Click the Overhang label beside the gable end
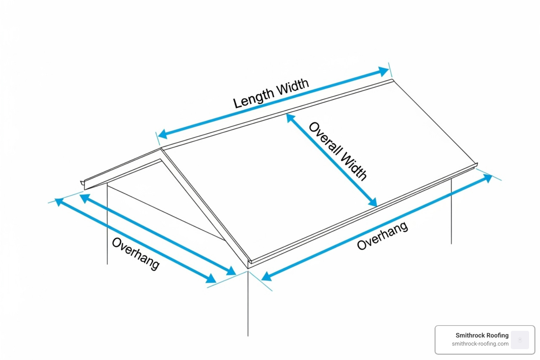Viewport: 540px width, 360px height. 136,253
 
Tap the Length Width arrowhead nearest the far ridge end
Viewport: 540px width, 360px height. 383,72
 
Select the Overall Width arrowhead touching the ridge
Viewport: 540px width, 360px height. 291,118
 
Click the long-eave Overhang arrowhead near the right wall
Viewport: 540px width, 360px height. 487,178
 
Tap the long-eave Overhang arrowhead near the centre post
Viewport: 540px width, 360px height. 266,276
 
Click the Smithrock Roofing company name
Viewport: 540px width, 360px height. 482,335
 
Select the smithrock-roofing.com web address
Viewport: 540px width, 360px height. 480,344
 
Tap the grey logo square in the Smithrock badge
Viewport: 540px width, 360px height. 520,340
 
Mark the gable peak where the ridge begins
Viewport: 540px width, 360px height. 161,149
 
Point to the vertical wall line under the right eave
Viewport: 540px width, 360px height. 451,211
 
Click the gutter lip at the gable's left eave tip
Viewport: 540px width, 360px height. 83,183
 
